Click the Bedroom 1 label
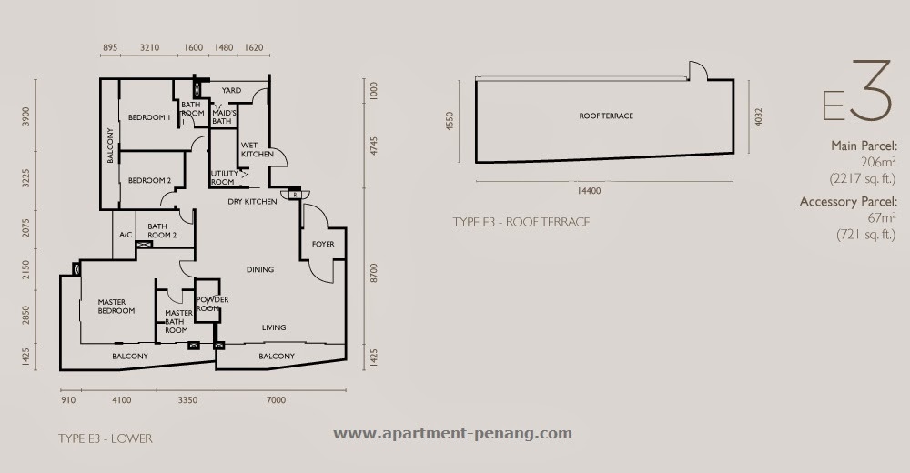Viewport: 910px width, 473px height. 149,117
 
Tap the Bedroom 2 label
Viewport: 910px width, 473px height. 149,180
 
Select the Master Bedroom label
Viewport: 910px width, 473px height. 117,306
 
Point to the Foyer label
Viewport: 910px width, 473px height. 324,244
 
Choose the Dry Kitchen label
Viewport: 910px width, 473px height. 252,201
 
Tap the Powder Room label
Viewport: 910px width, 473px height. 212,304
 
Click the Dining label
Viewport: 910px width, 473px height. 259,269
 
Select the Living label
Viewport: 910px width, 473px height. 274,327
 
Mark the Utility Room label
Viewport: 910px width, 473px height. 223,177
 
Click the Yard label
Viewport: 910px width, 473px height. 232,90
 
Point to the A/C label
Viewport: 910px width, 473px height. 125,234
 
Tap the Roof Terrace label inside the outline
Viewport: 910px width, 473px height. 605,116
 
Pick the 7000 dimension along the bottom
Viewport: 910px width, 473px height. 277,398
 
